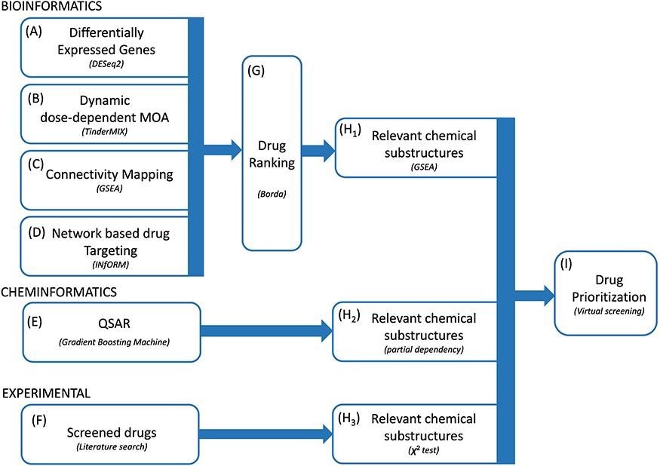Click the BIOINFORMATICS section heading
[x=51, y=7]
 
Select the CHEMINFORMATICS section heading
[x=58, y=291]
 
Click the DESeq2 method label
[x=105, y=66]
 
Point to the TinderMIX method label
[x=105, y=130]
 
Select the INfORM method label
[x=105, y=264]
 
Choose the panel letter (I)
[x=568, y=264]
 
